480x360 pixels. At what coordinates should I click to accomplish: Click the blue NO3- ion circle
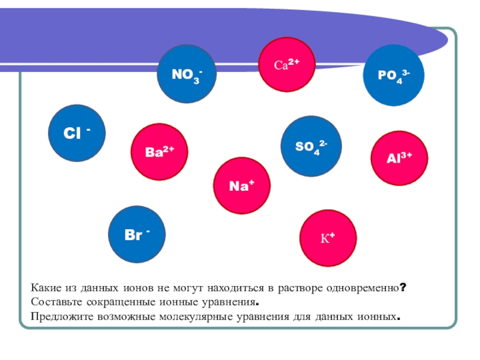(186, 76)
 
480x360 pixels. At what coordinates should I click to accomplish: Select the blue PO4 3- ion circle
(394, 75)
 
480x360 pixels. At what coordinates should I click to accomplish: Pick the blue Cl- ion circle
(77, 134)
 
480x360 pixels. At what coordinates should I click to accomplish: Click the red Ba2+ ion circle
(160, 152)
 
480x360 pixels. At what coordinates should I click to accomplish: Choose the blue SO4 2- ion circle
(310, 146)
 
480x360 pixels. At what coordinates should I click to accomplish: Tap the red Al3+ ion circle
(399, 158)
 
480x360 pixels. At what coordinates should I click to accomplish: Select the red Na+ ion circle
(242, 186)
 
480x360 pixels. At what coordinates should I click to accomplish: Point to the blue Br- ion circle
(137, 235)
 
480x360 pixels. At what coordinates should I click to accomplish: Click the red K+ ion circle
(328, 238)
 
